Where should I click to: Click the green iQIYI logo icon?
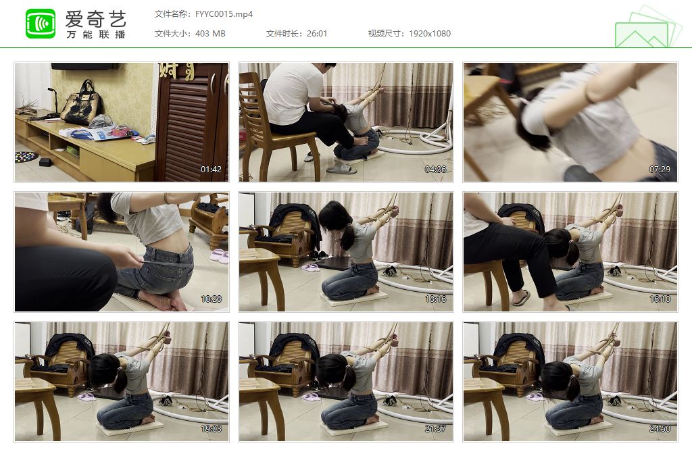[x=41, y=24]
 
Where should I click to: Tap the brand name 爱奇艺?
[x=96, y=18]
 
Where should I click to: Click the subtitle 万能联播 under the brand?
[x=96, y=34]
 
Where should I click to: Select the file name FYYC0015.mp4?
[x=224, y=14]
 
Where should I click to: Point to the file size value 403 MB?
[x=210, y=34]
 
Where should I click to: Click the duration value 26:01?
[x=317, y=34]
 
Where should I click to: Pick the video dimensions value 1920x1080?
[x=429, y=34]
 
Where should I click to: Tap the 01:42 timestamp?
[x=211, y=170]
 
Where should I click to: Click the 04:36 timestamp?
[x=435, y=170]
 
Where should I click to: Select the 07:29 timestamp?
[x=660, y=170]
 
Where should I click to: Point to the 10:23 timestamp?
[x=211, y=299]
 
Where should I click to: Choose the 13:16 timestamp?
[x=435, y=299]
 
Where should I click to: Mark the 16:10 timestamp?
[x=660, y=299]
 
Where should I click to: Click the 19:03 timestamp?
[x=211, y=429]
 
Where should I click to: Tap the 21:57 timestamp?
[x=435, y=429]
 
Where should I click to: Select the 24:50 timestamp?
[x=660, y=429]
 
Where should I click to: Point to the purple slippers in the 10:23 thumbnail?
[x=219, y=255]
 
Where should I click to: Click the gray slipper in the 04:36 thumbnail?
[x=341, y=168]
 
